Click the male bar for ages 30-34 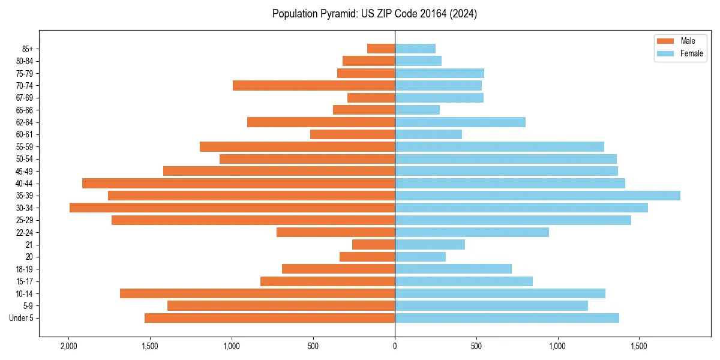(x=232, y=208)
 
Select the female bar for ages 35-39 (x=538, y=196)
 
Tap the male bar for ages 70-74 (x=314, y=86)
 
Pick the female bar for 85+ (x=415, y=49)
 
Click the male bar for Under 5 (x=269, y=318)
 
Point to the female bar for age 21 (x=430, y=245)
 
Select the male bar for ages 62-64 (x=321, y=122)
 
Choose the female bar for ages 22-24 (x=472, y=232)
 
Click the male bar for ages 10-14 (x=257, y=293)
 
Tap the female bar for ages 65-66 (x=417, y=110)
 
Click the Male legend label (x=688, y=41)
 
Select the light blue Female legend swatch (x=666, y=53)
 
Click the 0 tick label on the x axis (x=395, y=346)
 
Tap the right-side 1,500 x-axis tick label (x=639, y=346)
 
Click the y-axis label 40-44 (x=25, y=184)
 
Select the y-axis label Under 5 (x=22, y=318)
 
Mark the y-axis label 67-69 (x=25, y=98)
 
